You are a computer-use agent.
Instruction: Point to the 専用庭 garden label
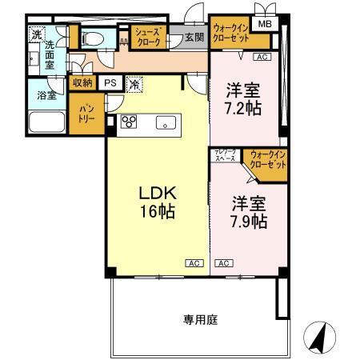[x=200, y=319]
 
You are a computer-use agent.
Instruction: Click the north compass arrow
[x=318, y=338]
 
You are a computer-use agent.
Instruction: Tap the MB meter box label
[x=263, y=25]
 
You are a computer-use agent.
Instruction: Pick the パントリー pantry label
[x=86, y=113]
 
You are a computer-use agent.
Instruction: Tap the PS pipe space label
[x=110, y=82]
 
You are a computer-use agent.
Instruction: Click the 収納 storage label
[x=82, y=82]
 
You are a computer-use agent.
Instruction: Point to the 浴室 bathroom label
[x=46, y=95]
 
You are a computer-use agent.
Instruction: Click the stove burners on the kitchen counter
[x=130, y=122]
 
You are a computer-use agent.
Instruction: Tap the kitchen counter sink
[x=166, y=122]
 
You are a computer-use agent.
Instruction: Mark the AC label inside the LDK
[x=193, y=262]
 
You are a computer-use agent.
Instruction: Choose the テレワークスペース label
[x=223, y=157]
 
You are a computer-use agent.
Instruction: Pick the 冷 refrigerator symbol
[x=135, y=82]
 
